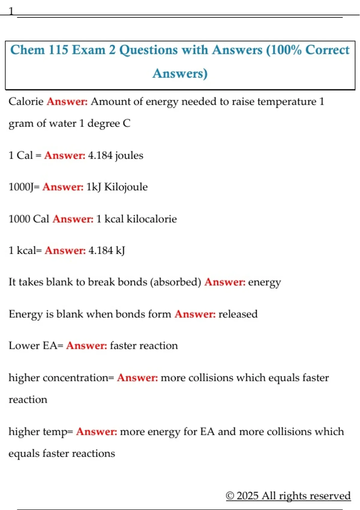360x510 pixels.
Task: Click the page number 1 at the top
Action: point(11,11)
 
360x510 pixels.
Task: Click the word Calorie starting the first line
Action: point(26,102)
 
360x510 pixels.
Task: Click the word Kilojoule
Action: point(126,187)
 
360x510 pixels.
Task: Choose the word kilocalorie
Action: point(151,219)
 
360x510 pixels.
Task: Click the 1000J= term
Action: point(24,187)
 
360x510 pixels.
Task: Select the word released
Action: point(238,314)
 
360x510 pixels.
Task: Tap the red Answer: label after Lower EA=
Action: point(87,346)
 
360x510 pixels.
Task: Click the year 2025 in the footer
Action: point(247,496)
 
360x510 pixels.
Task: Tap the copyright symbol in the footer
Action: point(230,496)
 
